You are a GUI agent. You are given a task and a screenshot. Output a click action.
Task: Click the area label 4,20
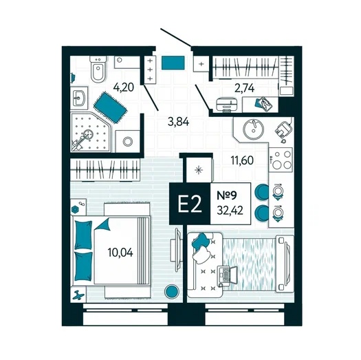(124, 87)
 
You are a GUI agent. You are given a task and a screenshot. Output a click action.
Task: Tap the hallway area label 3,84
(178, 122)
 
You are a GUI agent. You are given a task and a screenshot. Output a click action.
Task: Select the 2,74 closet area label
(245, 88)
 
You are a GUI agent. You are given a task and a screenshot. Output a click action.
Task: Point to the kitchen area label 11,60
(242, 160)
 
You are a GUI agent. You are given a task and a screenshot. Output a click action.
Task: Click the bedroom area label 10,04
(120, 253)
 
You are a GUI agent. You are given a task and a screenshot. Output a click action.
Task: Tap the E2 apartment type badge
(190, 204)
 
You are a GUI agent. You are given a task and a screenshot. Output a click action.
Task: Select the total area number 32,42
(230, 211)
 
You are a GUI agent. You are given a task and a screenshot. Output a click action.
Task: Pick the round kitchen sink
(254, 129)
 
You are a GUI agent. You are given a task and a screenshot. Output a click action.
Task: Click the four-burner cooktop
(281, 159)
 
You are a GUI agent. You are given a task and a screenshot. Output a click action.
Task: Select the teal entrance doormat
(173, 63)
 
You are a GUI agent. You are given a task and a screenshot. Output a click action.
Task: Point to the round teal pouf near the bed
(171, 291)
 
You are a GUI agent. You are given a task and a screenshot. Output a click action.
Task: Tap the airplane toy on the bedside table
(78, 295)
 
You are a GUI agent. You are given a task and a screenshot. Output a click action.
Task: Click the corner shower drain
(88, 134)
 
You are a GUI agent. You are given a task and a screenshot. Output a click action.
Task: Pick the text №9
(227, 195)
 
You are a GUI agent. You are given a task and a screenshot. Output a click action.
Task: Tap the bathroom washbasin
(79, 98)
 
